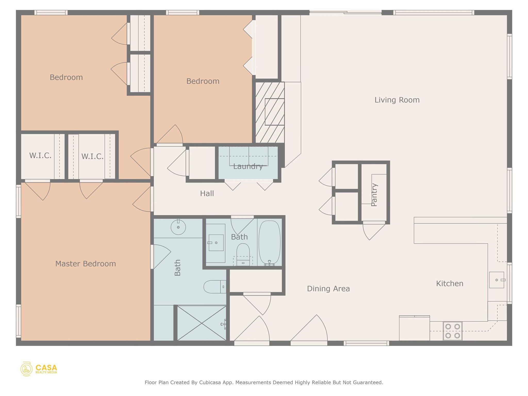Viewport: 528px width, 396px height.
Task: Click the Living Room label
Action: (397, 100)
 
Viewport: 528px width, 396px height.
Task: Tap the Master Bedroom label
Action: (86, 264)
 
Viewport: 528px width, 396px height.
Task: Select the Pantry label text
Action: (374, 195)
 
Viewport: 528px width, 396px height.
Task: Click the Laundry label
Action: (248, 167)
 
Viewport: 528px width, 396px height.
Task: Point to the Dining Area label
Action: (328, 289)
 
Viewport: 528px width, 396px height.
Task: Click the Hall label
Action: (207, 194)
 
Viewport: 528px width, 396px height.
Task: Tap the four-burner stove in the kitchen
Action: (452, 331)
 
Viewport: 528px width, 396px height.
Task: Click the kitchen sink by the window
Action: (497, 280)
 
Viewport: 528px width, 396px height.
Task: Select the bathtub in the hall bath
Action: (269, 242)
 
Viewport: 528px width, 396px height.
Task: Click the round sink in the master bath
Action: (178, 227)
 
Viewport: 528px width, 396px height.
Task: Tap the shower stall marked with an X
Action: (202, 323)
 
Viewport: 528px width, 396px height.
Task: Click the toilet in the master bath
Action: (214, 287)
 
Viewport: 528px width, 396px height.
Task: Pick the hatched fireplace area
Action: (270, 112)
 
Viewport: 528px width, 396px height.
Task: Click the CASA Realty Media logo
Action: (39, 369)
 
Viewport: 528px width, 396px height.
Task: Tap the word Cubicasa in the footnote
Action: (210, 382)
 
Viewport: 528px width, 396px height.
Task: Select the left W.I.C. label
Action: (40, 155)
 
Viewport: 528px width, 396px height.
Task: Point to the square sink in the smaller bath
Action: (216, 243)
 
